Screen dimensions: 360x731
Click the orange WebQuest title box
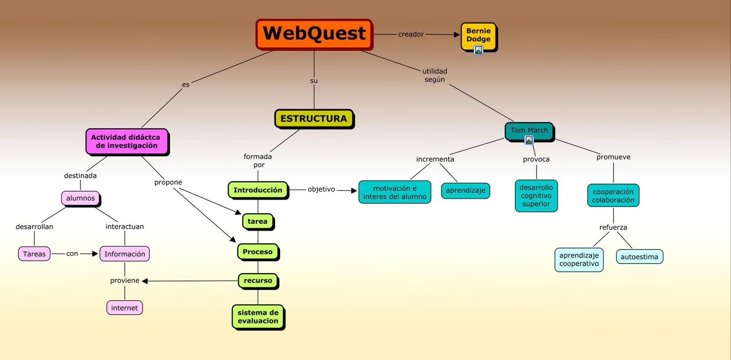(x=314, y=34)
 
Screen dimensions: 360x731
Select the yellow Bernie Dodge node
(x=478, y=35)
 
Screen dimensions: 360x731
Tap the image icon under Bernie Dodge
(x=478, y=50)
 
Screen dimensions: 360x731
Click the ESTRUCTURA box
(x=314, y=119)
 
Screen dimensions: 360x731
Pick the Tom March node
(x=529, y=130)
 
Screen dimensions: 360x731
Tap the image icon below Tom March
(x=529, y=140)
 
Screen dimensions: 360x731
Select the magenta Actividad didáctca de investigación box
(x=127, y=142)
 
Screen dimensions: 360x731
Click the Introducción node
(x=258, y=190)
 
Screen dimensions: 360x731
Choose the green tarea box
(x=258, y=222)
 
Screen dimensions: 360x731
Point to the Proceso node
(x=258, y=252)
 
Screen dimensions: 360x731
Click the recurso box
(x=258, y=281)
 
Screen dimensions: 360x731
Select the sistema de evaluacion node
(x=258, y=317)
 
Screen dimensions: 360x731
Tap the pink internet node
(x=124, y=308)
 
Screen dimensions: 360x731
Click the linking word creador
(x=411, y=34)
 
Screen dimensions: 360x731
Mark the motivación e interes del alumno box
(x=395, y=192)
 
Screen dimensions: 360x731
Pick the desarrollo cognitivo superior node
(x=536, y=196)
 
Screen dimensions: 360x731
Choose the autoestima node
(x=639, y=257)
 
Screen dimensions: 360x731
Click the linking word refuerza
(x=613, y=228)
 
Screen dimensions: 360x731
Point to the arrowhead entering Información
(x=95, y=254)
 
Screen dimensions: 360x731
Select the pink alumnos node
(x=80, y=198)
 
